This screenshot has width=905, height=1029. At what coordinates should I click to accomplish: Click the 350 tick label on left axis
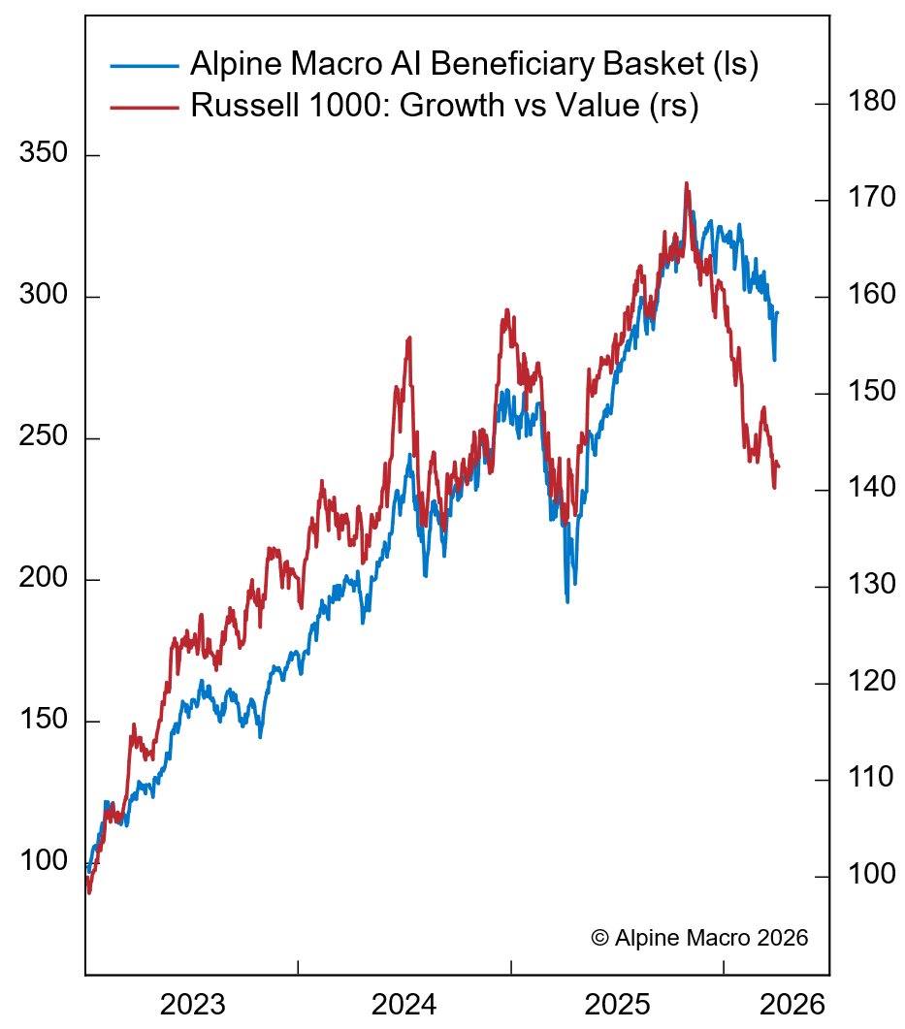pyautogui.click(x=45, y=156)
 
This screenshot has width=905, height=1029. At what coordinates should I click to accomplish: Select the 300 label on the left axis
pyautogui.click(x=45, y=298)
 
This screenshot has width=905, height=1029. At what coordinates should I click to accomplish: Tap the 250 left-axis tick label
pyautogui.click(x=45, y=439)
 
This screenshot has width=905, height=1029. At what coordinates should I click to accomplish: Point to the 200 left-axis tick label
pyautogui.click(x=45, y=581)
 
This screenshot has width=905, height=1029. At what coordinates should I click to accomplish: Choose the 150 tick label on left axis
pyautogui.click(x=45, y=723)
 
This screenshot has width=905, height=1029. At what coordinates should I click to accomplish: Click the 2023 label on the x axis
pyautogui.click(x=191, y=1004)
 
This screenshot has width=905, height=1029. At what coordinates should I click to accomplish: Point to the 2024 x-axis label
pyautogui.click(x=404, y=1004)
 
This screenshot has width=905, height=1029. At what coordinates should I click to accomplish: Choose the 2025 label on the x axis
pyautogui.click(x=617, y=1004)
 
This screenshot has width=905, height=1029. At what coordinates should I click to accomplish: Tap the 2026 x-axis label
pyautogui.click(x=792, y=1004)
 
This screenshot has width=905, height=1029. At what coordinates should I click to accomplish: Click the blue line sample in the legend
pyautogui.click(x=145, y=66)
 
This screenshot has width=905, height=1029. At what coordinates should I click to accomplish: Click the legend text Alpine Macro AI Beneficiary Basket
pyautogui.click(x=473, y=66)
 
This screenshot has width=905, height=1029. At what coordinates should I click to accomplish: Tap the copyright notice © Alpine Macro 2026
pyautogui.click(x=698, y=938)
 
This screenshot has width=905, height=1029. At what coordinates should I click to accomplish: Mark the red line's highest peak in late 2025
pyautogui.click(x=686, y=183)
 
